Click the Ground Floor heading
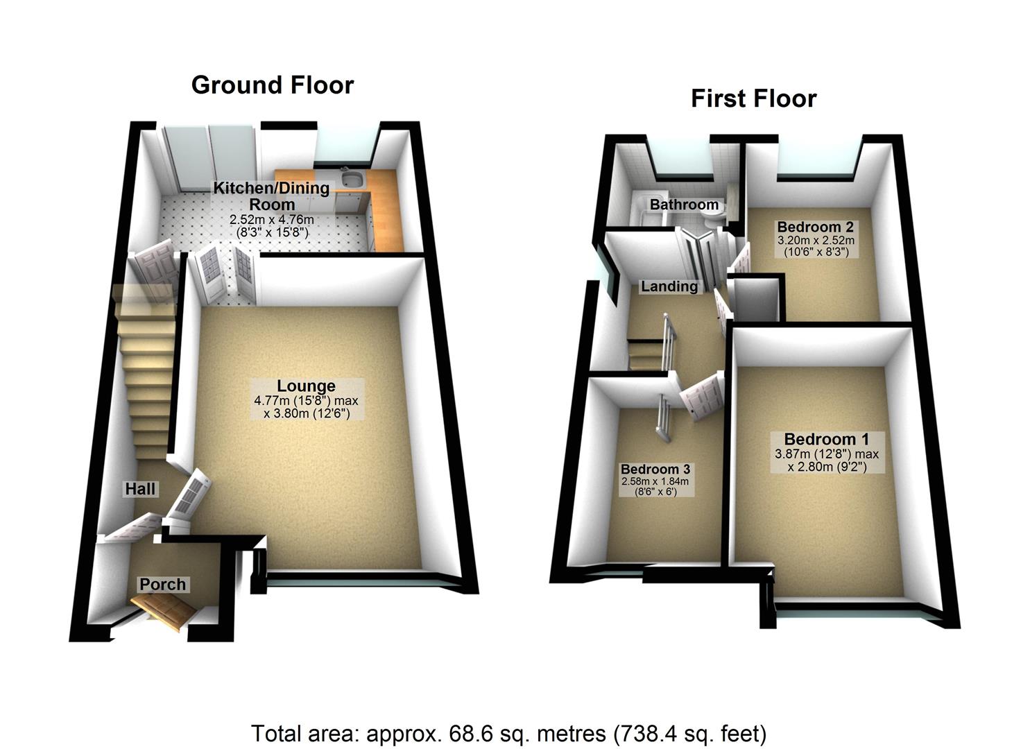click(x=273, y=85)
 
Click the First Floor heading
click(x=753, y=98)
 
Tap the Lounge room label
click(x=306, y=386)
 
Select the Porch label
click(x=163, y=585)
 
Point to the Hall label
click(x=140, y=489)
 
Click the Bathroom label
click(x=684, y=205)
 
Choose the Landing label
click(x=669, y=286)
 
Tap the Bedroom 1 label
click(x=826, y=439)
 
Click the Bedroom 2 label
click(x=815, y=227)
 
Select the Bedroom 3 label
click(x=655, y=470)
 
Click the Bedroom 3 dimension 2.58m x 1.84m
click(x=655, y=482)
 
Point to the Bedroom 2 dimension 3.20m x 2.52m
click(x=816, y=241)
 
